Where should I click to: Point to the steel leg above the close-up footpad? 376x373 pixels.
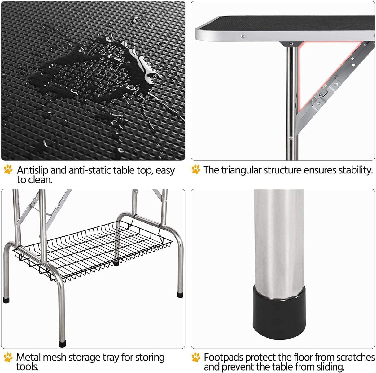coord(279,235)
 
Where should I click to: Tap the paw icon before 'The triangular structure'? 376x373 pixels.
coord(196,169)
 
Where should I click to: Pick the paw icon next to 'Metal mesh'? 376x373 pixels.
coord(8,357)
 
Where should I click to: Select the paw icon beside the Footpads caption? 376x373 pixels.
coord(196,357)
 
